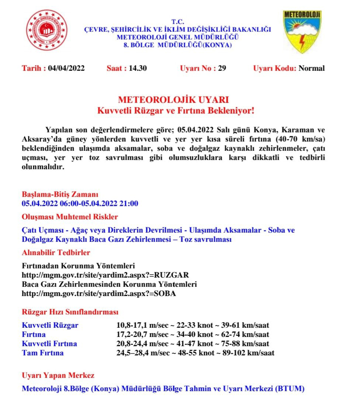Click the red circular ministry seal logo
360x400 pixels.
[x=46, y=30]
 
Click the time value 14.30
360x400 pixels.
[x=138, y=68]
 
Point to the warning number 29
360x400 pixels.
[x=222, y=68]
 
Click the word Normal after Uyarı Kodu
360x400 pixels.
[x=312, y=68]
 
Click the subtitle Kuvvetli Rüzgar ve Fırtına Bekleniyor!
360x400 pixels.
[x=176, y=110]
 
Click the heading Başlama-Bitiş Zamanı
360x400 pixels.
[x=60, y=194]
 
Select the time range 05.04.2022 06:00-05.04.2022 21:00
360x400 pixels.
[x=80, y=204]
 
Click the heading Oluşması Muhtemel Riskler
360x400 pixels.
[x=70, y=216]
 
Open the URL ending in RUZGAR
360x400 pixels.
[x=105, y=275]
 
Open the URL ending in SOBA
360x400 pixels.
[x=99, y=294]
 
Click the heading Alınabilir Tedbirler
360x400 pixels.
[x=56, y=253]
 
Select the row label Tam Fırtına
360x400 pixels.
[x=43, y=353]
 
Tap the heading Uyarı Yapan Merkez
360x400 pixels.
[x=58, y=375]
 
